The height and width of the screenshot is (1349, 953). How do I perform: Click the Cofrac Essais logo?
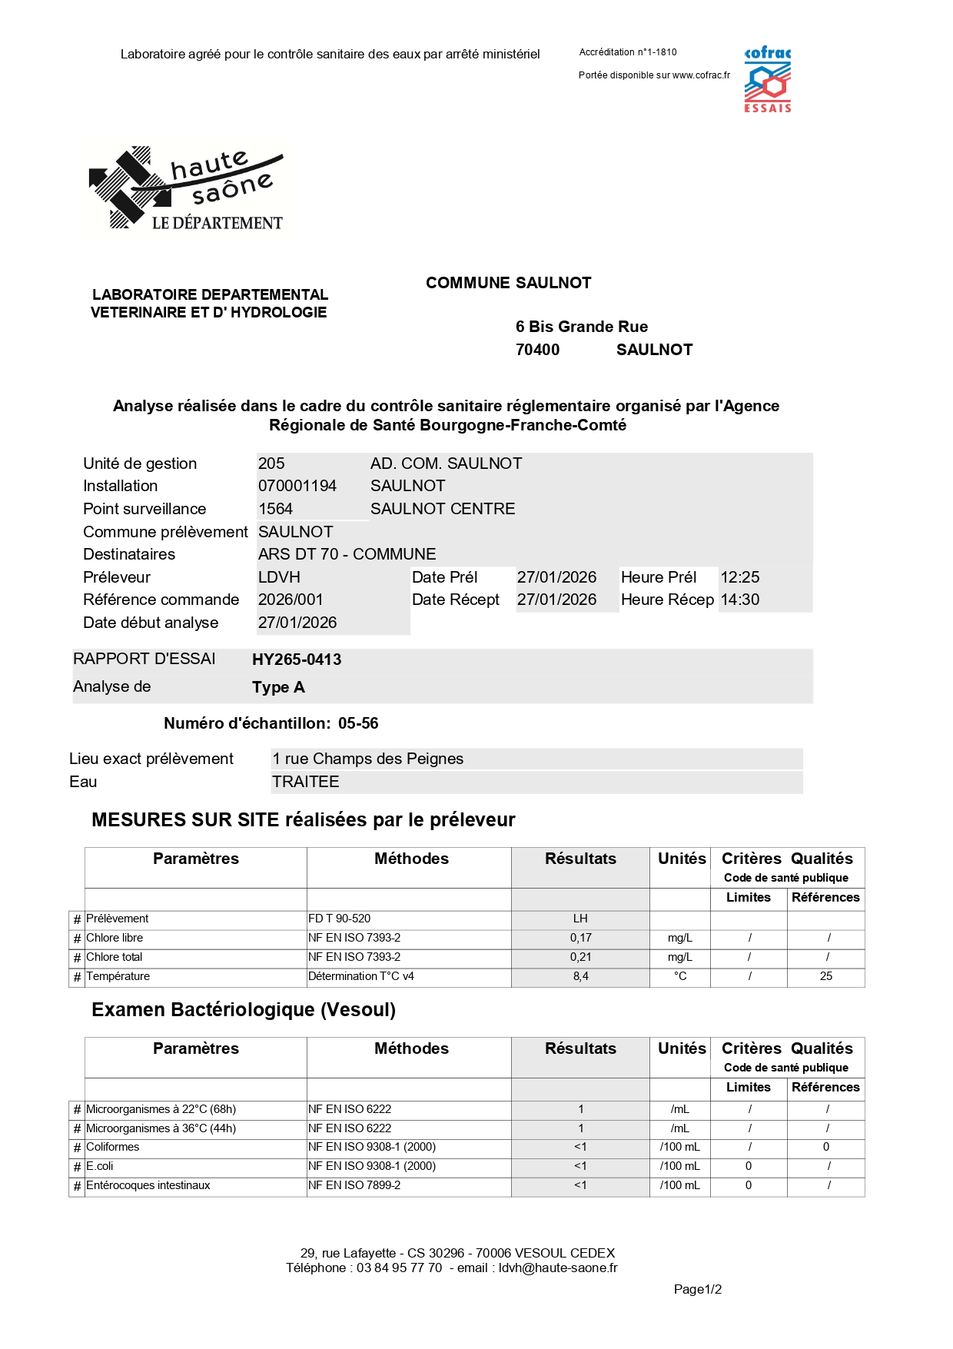767,80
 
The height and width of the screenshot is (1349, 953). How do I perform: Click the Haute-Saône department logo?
187,188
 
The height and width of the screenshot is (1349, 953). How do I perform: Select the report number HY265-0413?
297,660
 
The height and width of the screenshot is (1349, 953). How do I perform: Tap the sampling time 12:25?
740,577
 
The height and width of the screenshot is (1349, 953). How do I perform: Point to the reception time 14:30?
740,600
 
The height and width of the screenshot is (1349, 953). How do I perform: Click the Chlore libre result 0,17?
580,938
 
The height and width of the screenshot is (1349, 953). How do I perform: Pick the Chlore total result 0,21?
580,957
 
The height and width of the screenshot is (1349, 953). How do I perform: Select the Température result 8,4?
580,976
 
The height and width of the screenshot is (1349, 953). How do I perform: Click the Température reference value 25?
826,976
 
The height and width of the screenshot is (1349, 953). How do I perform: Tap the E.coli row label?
100,1166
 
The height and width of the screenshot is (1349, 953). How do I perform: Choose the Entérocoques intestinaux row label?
148,1185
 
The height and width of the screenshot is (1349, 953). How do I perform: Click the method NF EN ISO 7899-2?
354,1185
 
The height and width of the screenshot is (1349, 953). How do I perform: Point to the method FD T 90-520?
340,919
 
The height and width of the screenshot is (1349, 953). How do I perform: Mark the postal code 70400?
537,350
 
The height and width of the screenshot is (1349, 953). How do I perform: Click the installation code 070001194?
297,486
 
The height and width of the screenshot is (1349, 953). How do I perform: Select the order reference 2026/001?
291,600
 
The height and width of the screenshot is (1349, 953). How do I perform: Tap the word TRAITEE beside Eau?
305,782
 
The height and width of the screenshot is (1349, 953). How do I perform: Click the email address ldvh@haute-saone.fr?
558,1268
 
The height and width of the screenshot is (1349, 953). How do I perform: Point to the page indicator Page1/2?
697,1289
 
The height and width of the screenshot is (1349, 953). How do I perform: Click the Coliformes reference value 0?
826,1147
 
